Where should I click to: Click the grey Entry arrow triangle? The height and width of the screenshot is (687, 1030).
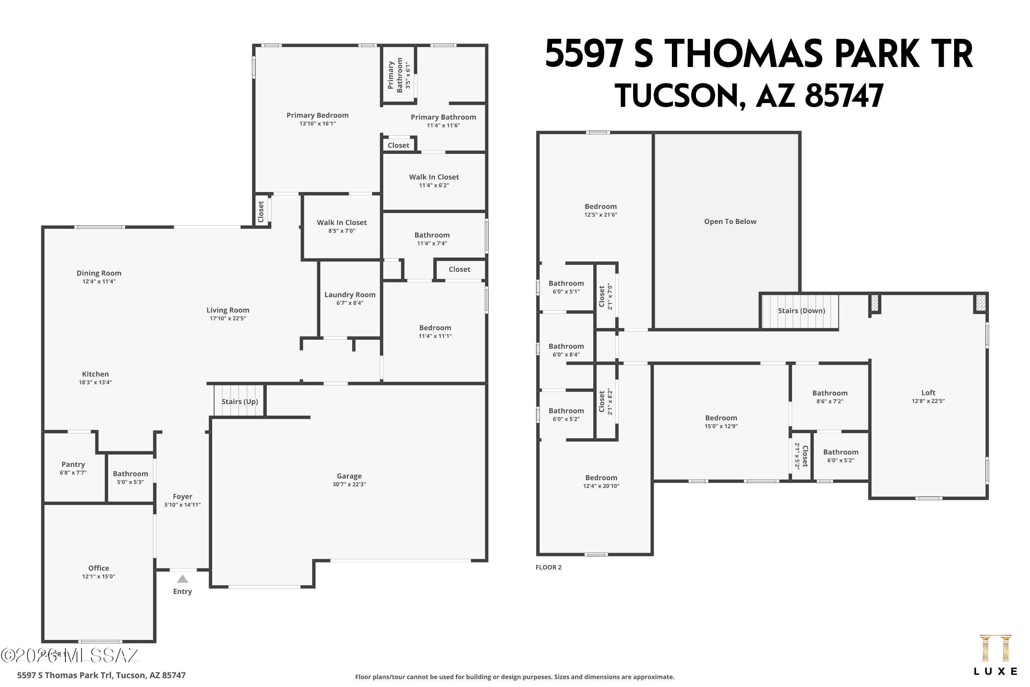[x=183, y=579]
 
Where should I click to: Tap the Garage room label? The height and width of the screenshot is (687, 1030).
[x=349, y=476]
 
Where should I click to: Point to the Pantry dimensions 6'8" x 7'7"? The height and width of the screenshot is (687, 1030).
[x=73, y=473]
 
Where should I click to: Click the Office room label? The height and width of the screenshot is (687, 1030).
[x=99, y=568]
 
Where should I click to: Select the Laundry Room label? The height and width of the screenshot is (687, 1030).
[x=350, y=295]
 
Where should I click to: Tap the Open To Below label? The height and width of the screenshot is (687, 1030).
[x=730, y=222]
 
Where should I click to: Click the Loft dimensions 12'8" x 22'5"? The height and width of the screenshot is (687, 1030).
[x=928, y=401]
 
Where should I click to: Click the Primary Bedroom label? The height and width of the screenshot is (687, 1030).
[x=318, y=115]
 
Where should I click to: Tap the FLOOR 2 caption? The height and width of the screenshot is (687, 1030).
[x=548, y=567]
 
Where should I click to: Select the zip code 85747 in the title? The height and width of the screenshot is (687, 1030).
[x=844, y=96]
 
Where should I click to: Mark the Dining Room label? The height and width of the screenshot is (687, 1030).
[x=99, y=273]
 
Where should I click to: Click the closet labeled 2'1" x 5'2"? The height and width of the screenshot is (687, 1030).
[x=801, y=456]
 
